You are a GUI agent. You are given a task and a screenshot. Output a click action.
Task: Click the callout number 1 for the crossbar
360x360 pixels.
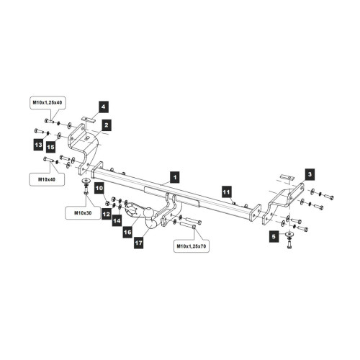(x=175, y=177)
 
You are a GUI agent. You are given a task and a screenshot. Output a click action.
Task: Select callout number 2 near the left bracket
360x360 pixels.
(x=107, y=125)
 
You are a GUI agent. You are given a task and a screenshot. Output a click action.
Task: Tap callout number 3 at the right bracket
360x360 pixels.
(x=310, y=174)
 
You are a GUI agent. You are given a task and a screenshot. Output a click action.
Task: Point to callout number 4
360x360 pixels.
(x=103, y=107)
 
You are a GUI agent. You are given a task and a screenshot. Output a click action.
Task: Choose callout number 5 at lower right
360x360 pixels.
(x=274, y=237)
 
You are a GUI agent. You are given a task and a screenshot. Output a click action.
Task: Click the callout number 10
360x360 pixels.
(x=99, y=188)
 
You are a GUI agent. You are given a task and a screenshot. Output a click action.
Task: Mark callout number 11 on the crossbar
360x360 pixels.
(x=226, y=192)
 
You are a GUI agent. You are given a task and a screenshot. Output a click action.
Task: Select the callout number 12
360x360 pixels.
(x=107, y=214)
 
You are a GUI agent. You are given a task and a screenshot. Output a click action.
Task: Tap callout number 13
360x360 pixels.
(x=38, y=145)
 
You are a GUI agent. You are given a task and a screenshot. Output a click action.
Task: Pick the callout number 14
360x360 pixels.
(x=117, y=220)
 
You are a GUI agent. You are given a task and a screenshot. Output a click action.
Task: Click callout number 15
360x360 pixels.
(x=50, y=147)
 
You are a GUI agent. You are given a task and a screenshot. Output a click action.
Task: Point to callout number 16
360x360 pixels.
(x=127, y=232)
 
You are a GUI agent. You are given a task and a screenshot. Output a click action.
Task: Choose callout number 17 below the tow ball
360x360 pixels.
(x=139, y=243)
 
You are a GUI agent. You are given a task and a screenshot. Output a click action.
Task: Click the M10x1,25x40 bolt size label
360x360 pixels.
(x=48, y=102)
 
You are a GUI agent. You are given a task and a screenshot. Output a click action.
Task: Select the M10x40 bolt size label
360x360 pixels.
(x=47, y=179)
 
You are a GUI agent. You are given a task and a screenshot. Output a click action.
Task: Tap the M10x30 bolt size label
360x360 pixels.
(x=83, y=213)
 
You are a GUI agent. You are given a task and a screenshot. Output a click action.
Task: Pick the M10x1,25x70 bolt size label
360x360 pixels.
(x=192, y=246)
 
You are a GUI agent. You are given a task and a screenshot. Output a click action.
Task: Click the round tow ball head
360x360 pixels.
(x=149, y=212)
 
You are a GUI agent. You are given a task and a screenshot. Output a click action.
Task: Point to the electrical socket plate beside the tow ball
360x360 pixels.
(x=132, y=210)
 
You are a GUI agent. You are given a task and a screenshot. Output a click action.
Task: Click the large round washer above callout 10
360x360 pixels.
(x=86, y=180)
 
